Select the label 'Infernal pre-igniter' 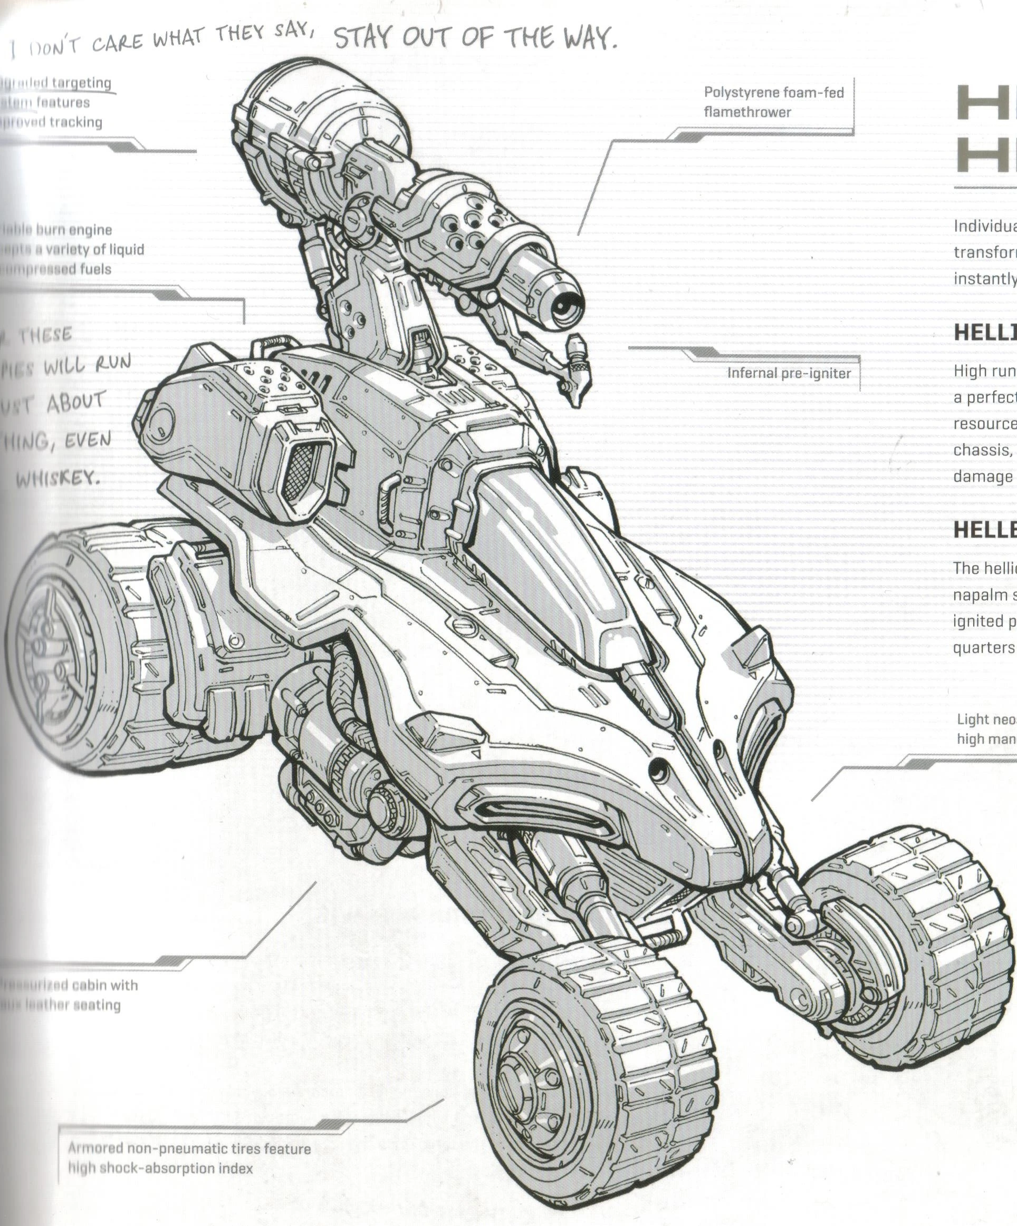pos(789,373)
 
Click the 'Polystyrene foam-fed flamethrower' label pos(773,102)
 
